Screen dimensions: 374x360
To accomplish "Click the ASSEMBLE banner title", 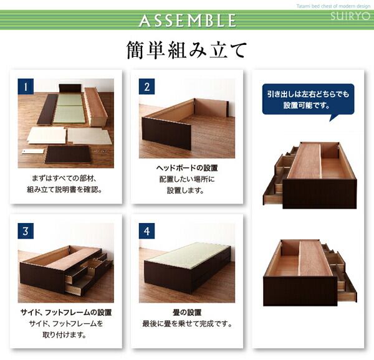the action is (188, 21).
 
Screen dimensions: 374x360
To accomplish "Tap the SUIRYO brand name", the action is (350, 16).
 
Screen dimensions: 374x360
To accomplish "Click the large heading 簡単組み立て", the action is (186, 50).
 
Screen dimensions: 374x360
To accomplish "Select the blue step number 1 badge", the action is (26, 87).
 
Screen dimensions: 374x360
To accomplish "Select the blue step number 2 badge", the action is (146, 87).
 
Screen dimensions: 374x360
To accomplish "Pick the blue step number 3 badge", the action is (26, 231).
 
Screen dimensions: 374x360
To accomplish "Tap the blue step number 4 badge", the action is (146, 231).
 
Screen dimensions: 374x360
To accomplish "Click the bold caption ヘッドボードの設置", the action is (187, 168).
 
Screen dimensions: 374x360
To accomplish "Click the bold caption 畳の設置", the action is (187, 312).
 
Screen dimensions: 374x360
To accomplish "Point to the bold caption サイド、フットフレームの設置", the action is (66, 312).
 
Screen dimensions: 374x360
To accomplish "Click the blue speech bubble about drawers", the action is (308, 100).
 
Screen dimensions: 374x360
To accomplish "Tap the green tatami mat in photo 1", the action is (69, 108).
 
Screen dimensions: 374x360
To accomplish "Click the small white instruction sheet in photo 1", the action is (33, 151).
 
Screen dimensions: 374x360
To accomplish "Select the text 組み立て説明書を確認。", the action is (65, 189).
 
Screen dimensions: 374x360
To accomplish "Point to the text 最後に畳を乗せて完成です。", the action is (187, 324).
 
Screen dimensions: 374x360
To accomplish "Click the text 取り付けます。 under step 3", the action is (64, 335).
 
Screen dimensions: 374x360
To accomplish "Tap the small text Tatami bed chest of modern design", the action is (333, 6).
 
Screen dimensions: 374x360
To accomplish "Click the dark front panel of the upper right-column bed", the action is (320, 195).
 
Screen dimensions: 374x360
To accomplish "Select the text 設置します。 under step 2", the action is (185, 191).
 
